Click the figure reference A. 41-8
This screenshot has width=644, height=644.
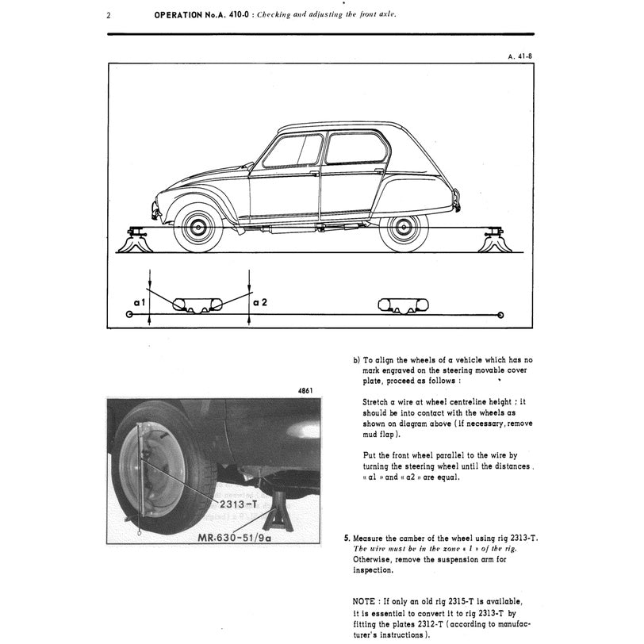pos(518,56)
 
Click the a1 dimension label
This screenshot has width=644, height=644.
pos(139,302)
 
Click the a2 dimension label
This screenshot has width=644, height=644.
pos(260,302)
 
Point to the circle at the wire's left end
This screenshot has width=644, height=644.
pos(129,315)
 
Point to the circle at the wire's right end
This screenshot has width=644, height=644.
pos(500,315)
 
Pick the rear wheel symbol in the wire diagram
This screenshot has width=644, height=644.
pos(403,305)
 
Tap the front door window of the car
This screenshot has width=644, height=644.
pos(293,151)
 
